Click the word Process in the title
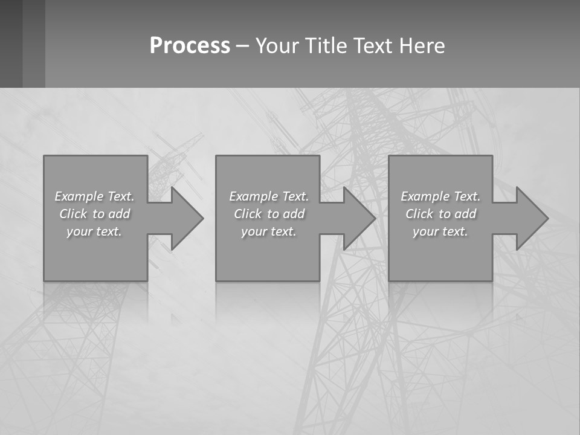pyautogui.click(x=190, y=46)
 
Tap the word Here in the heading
pyautogui.click(x=422, y=46)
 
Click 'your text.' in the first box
pyautogui.click(x=94, y=231)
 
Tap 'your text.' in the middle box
pyautogui.click(x=269, y=231)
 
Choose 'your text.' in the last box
pyautogui.click(x=440, y=231)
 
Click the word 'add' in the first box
pyautogui.click(x=120, y=214)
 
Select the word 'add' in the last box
pyautogui.click(x=466, y=214)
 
